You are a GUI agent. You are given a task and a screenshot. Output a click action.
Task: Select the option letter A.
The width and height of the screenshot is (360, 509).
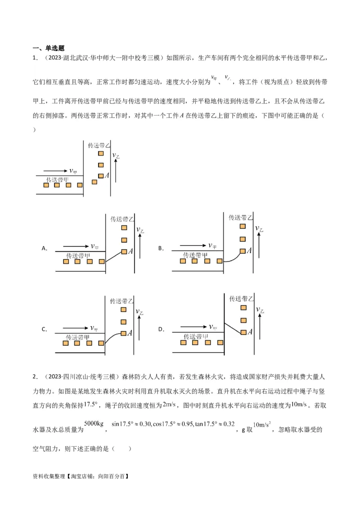click(44, 248)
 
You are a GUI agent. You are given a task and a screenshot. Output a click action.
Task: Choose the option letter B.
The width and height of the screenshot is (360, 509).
click(161, 248)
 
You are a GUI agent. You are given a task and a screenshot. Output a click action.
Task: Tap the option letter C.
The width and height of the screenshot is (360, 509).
click(44, 330)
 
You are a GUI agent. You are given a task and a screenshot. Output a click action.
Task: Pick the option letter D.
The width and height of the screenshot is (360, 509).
click(161, 330)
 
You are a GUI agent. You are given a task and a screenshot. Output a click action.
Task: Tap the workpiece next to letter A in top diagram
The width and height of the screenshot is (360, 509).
click(101, 176)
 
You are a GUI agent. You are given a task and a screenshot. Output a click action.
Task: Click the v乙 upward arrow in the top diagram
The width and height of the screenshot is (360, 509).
click(116, 171)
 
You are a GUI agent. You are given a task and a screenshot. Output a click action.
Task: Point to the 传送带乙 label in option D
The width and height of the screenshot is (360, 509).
click(242, 299)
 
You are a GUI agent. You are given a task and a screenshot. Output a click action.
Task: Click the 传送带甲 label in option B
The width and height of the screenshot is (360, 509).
click(195, 255)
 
